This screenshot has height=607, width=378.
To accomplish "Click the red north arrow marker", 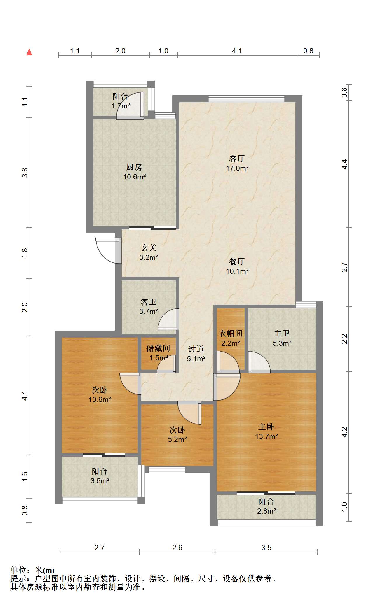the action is click(29, 52).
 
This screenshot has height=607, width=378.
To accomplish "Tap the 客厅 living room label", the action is click(237, 159).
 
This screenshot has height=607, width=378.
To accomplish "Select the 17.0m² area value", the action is click(237, 168).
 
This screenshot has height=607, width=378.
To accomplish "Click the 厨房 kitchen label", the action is click(134, 167).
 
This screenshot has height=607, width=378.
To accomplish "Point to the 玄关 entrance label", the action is click(149, 248).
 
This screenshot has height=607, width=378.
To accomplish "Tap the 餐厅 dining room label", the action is click(237, 262).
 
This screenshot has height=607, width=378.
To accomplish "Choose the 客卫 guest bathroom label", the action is click(149, 302).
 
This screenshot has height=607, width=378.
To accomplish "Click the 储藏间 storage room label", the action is click(158, 348).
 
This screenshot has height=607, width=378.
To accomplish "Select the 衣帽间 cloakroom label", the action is click(231, 334).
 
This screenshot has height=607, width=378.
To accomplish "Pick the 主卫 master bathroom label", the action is click(282, 334).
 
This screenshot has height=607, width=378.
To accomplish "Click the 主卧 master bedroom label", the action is click(266, 427).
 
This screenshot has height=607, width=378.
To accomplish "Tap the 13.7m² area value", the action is click(266, 436).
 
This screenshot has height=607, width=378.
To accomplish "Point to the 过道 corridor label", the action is click(196, 349).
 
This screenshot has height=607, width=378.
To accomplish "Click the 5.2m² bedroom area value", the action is click(177, 439).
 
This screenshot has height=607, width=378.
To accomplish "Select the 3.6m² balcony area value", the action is click(100, 481).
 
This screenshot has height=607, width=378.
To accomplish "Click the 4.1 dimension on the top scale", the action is click(237, 51).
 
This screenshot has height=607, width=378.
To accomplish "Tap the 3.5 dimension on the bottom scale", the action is click(266, 548).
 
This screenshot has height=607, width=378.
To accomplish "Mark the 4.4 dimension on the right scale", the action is click(344, 164).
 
